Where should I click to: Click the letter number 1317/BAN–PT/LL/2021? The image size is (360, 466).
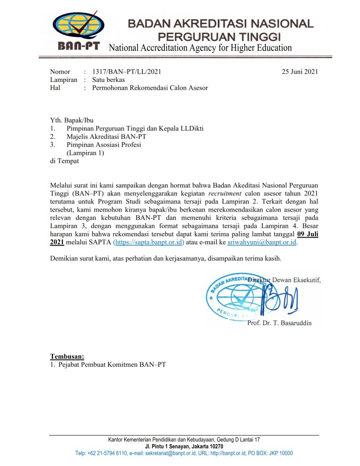[127, 71]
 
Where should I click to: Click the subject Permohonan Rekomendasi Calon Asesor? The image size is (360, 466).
[150, 88]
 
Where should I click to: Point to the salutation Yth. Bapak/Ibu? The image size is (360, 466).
[71, 120]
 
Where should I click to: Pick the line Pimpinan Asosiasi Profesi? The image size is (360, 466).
[104, 145]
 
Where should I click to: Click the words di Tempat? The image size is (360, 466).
[64, 161]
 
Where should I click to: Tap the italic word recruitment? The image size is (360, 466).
[226, 193]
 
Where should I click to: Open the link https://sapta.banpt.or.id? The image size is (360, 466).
[148, 243]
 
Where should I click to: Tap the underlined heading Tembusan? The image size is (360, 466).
[67, 356]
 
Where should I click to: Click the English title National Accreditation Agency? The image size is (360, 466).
[200, 48]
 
